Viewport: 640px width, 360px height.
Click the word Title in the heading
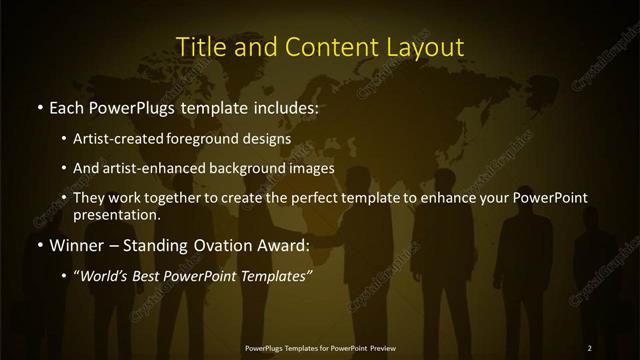(x=199, y=47)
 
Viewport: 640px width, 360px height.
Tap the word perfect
(x=330, y=198)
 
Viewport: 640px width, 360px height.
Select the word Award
(x=284, y=244)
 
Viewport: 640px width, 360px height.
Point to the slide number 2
(x=590, y=347)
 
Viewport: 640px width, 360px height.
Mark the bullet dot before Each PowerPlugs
(x=39, y=106)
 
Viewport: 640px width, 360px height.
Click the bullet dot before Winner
(x=39, y=244)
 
